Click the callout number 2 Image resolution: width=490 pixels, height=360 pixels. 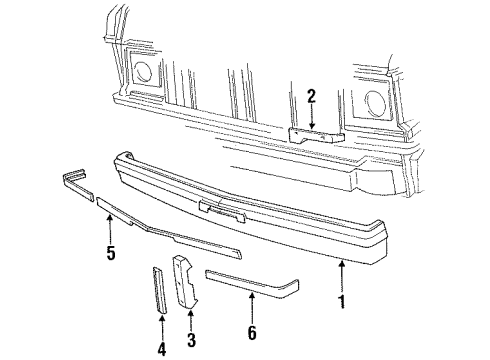pyautogui.click(x=312, y=96)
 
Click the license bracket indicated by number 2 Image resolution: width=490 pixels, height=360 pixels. pyautogui.click(x=312, y=132)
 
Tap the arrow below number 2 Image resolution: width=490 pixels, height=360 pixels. pyautogui.click(x=312, y=116)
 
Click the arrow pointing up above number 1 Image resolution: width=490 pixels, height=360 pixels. pyautogui.click(x=344, y=270)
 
